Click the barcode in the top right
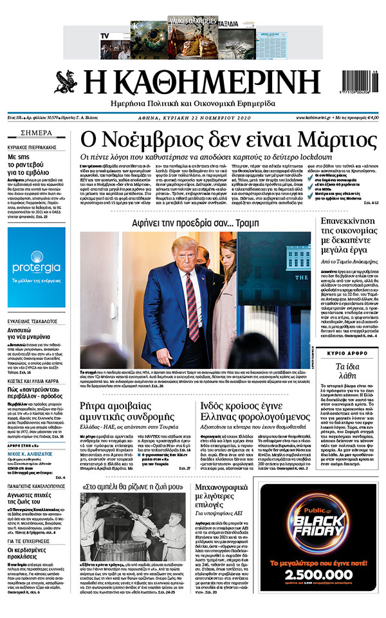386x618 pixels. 354,80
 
